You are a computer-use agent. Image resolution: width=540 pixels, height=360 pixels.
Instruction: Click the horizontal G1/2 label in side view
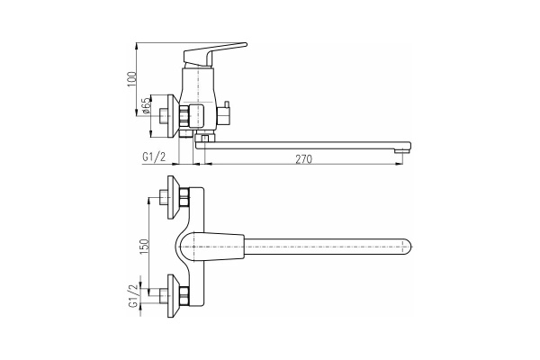154,157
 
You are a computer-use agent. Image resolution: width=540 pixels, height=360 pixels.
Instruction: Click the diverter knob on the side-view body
227,114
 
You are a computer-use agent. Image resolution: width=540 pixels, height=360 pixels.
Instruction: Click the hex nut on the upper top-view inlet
184,199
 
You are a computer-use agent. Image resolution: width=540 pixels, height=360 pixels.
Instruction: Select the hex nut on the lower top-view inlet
184,294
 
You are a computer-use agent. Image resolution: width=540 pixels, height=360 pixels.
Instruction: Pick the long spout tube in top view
324,244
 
